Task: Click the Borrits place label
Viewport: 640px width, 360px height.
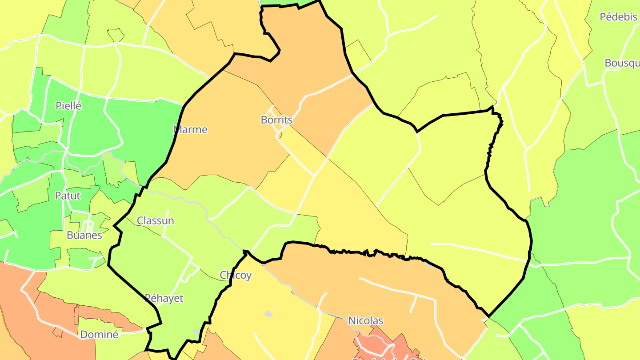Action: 276,120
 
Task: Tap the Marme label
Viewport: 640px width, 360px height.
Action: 190,130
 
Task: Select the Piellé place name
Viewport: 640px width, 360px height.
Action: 68,106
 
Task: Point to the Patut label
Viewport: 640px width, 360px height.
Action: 68,196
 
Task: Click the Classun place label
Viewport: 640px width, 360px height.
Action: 155,221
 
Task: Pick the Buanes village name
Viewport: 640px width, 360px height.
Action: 84,236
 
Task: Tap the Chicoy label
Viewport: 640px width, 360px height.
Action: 236,276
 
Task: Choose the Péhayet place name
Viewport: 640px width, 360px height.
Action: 164,298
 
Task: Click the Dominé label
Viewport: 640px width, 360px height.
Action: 99,335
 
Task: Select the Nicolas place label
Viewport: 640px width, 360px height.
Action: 365,321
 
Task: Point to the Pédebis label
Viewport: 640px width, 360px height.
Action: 618,17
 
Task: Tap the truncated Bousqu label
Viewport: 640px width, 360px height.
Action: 622,63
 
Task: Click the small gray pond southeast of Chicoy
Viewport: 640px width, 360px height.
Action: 268,314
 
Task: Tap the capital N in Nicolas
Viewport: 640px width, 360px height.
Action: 352,321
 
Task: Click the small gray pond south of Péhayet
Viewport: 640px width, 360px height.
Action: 196,331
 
